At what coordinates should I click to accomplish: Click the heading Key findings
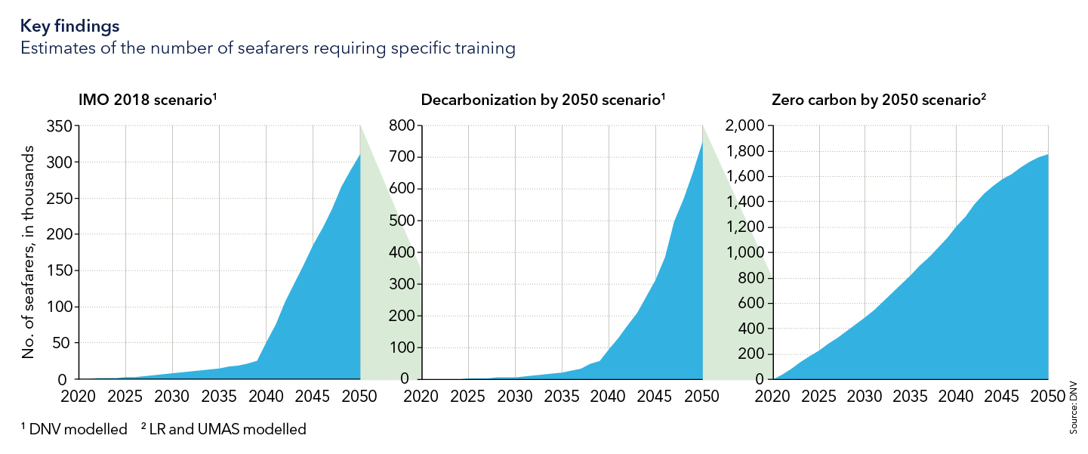[x=69, y=26]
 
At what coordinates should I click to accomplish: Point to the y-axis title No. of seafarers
[x=28, y=257]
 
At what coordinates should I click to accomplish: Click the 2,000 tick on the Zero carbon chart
[x=744, y=125]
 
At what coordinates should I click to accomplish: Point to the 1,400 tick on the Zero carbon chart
[x=744, y=202]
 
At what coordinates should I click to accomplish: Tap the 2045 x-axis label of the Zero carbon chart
[x=1003, y=397]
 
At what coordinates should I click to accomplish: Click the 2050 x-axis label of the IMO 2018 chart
[x=359, y=397]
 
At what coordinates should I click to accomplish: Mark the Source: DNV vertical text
[x=1073, y=408]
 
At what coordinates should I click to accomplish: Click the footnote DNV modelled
[x=78, y=430]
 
